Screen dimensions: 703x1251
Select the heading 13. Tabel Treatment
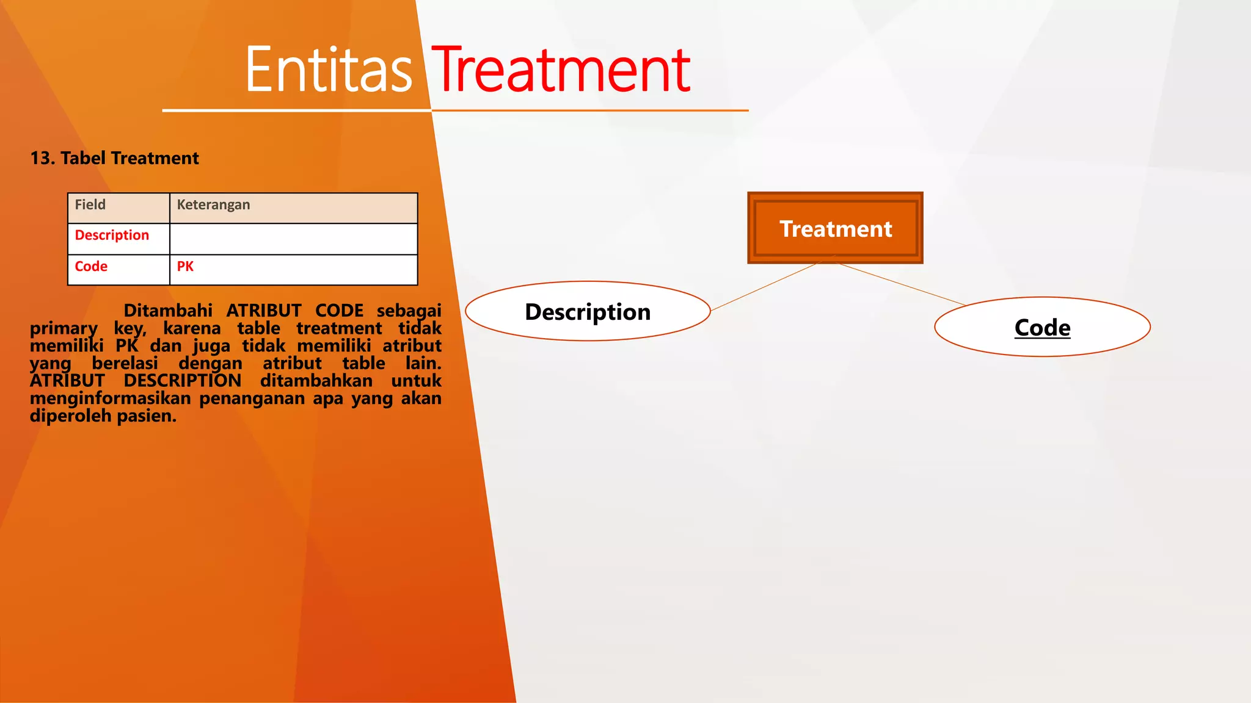point(114,159)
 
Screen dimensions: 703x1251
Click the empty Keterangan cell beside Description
point(293,239)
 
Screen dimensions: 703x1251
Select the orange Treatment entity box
point(835,228)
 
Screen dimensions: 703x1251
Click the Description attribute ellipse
point(588,311)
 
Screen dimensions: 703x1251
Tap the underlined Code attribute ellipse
point(1042,327)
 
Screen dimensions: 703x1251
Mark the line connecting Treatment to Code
point(901,284)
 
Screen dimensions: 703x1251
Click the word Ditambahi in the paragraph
point(168,311)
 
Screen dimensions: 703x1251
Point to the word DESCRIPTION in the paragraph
point(182,381)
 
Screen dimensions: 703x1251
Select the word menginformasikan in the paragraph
point(110,398)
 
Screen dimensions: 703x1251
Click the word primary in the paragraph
point(64,328)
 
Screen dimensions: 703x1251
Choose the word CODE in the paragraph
point(339,311)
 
